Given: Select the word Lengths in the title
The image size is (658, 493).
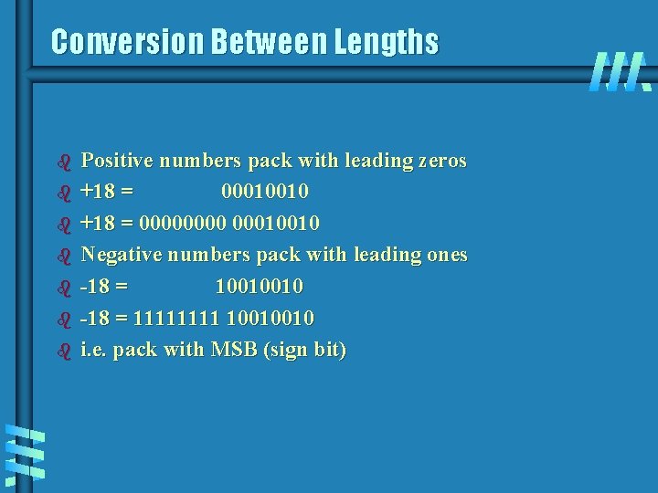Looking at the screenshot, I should pyautogui.click(x=387, y=42).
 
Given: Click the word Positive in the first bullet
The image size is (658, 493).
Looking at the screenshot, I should pyautogui.click(x=117, y=161).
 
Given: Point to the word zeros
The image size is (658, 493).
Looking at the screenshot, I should pyautogui.click(x=441, y=161).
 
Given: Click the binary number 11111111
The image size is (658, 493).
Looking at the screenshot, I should pyautogui.click(x=175, y=319).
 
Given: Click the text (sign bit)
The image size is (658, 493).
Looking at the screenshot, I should pyautogui.click(x=305, y=351).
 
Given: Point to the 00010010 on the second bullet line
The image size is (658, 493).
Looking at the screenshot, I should pyautogui.click(x=265, y=192).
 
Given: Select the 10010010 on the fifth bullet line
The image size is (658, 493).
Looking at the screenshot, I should pyautogui.click(x=260, y=287).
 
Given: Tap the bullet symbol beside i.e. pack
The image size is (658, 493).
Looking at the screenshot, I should pyautogui.click(x=64, y=351).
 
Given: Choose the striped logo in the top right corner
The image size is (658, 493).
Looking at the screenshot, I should pyautogui.click(x=620, y=72).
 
